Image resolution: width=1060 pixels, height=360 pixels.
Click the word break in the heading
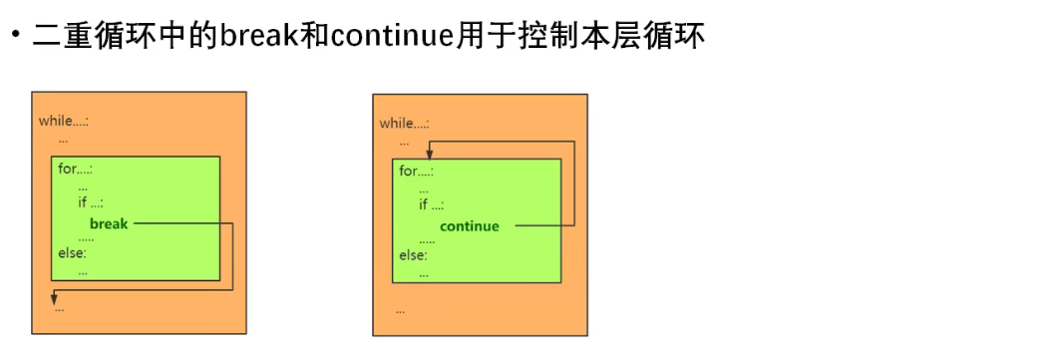pyautogui.click(x=254, y=37)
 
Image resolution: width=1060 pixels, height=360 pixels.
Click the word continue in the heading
pyautogui.click(x=389, y=37)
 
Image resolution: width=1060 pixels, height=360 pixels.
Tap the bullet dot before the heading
pyautogui.click(x=16, y=38)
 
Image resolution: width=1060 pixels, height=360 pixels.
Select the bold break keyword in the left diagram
pyautogui.click(x=109, y=223)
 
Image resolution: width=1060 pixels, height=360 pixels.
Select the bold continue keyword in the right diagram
pyautogui.click(x=469, y=225)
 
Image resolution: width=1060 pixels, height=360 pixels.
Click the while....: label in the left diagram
pyautogui.click(x=64, y=121)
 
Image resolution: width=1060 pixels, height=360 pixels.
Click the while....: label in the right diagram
pyautogui.click(x=405, y=123)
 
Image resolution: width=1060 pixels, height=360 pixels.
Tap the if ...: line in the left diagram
pyautogui.click(x=91, y=202)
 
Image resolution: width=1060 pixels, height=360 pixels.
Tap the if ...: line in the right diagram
pyautogui.click(x=432, y=204)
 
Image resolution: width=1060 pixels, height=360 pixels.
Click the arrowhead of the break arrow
pyautogui.click(x=54, y=297)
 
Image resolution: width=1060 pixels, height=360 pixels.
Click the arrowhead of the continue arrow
pyautogui.click(x=429, y=154)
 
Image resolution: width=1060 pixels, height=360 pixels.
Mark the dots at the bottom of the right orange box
pyautogui.click(x=400, y=310)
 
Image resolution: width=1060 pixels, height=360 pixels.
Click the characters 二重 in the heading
pyautogui.click(x=59, y=37)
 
